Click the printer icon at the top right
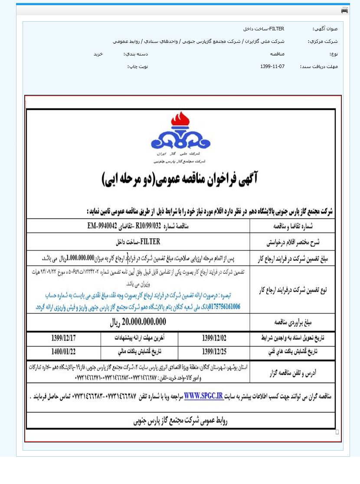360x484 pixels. (344, 10)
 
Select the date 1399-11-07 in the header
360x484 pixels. (272, 66)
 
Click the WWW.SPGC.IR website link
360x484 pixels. (203, 396)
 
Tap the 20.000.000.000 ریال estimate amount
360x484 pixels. (138, 322)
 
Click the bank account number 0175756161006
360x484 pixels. (225, 306)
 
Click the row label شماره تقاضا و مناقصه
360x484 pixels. (293, 226)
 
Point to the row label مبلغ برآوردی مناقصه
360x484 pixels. (293, 322)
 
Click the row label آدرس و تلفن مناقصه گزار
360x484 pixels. (293, 372)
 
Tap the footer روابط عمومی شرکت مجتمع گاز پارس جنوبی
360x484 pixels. (180, 420)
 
